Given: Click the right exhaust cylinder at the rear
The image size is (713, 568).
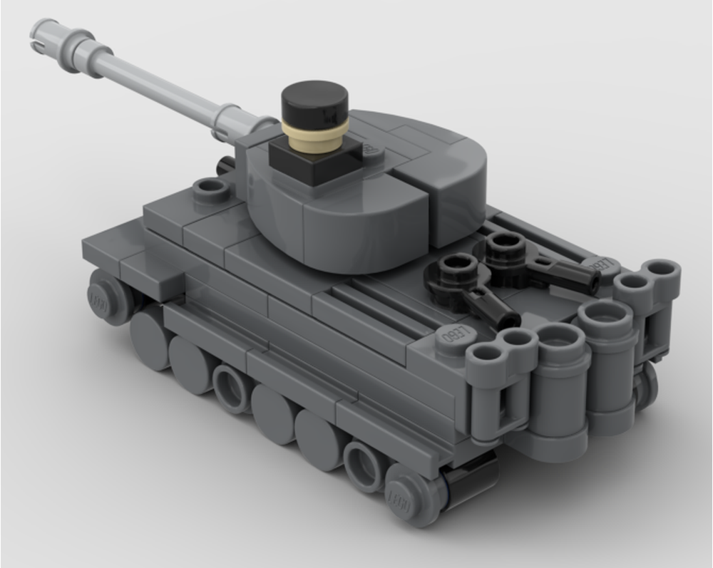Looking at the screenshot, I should pyautogui.click(x=605, y=356).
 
